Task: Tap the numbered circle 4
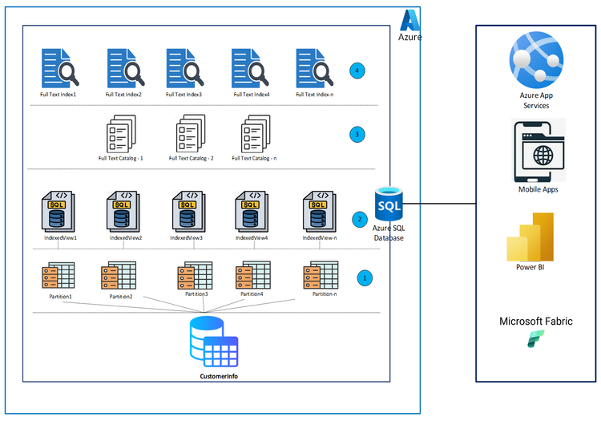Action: point(357,71)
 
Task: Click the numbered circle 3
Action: point(357,134)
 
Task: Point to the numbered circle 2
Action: point(360,218)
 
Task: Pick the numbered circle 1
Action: point(365,278)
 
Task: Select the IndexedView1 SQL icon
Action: point(58,212)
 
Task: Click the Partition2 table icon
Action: point(118,276)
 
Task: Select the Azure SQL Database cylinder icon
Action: point(389,205)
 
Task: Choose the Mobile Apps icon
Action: point(537,151)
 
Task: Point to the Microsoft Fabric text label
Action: point(536,322)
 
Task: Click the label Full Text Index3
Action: point(184,95)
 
